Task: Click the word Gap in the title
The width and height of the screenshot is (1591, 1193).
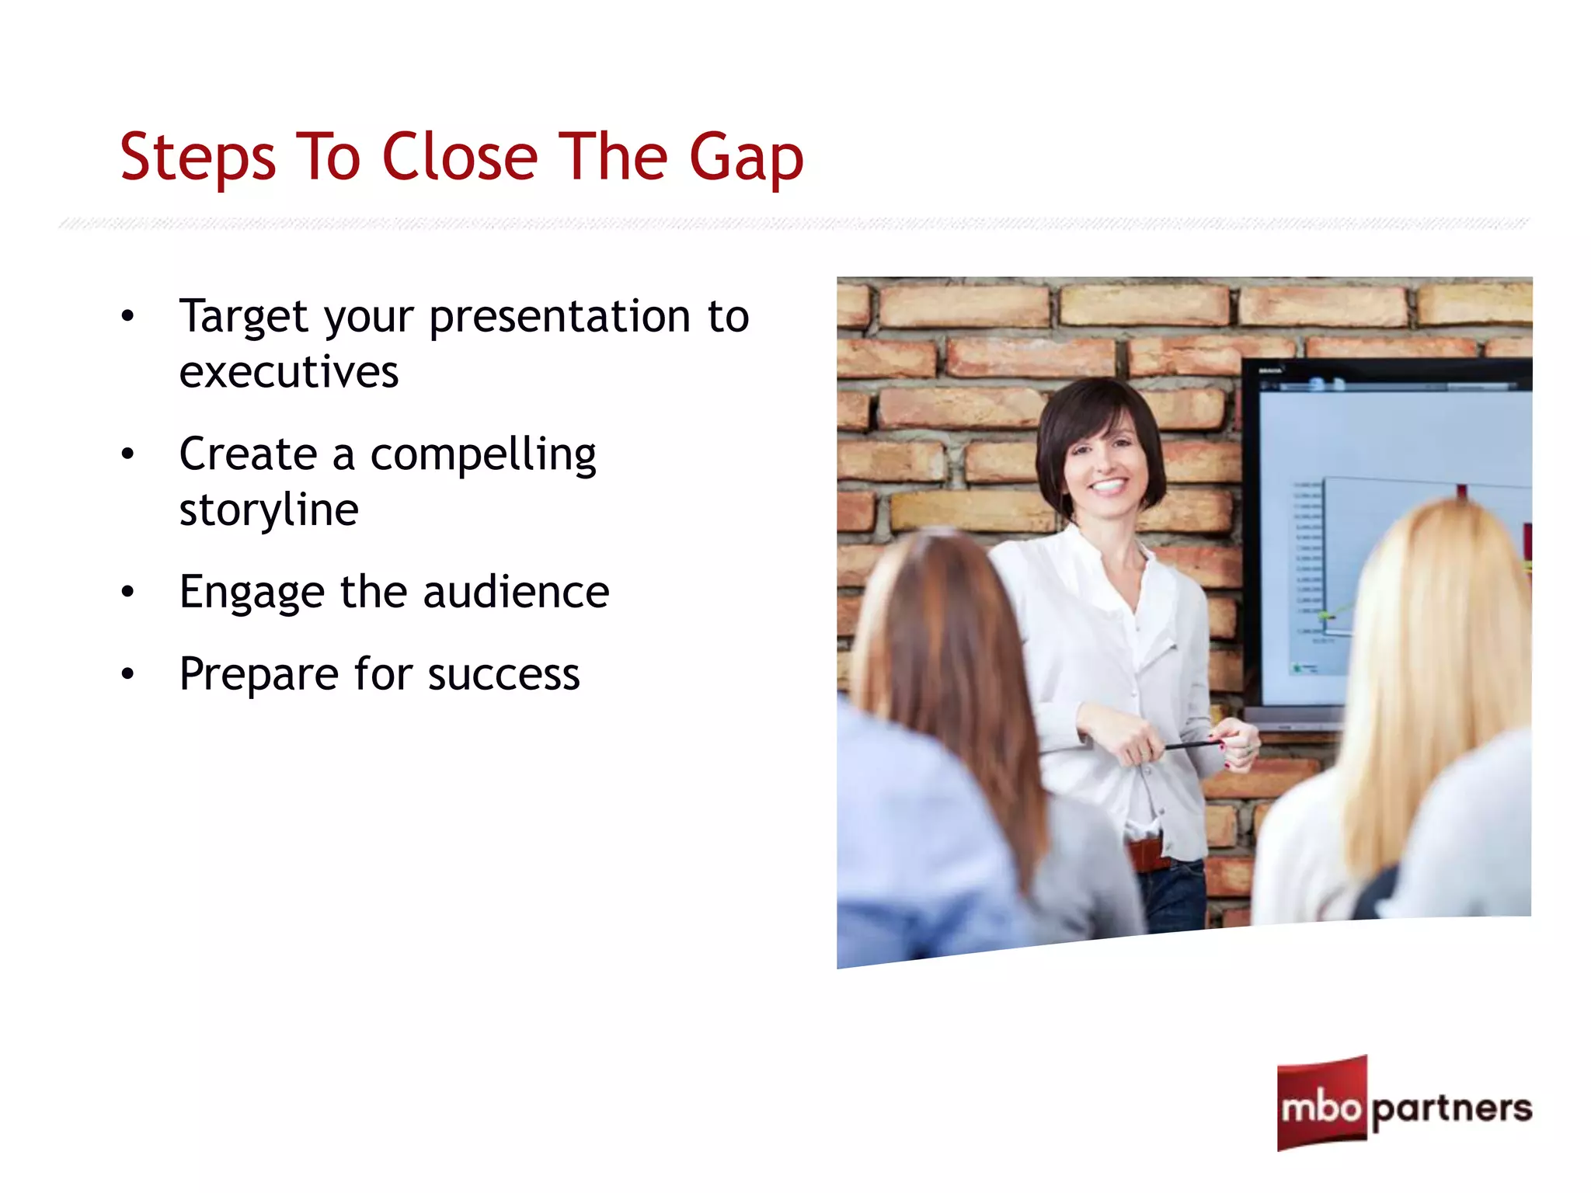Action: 746,158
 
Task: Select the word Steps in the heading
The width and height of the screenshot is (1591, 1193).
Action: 197,158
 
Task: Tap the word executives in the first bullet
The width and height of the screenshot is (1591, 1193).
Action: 288,372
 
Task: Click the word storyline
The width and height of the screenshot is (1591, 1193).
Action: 269,510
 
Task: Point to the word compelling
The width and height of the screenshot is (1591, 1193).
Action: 482,454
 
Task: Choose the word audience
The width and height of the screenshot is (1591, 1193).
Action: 516,592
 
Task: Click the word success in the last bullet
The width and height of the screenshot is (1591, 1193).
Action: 503,673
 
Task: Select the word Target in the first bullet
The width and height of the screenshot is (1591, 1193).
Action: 243,317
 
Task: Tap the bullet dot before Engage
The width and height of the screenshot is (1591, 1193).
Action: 127,593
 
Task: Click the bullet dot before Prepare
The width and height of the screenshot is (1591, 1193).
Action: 127,674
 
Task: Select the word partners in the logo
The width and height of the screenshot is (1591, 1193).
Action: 1451,1109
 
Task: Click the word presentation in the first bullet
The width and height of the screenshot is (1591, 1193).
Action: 559,317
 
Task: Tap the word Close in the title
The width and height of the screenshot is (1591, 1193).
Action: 460,158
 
